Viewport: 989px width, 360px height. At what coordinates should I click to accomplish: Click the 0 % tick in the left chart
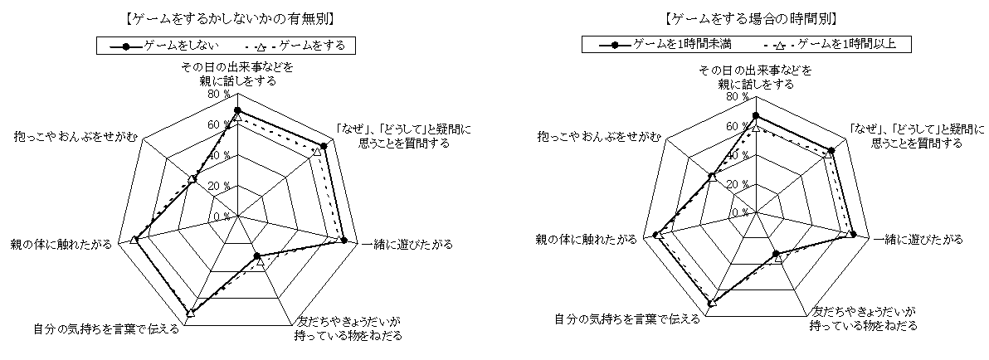point(222,216)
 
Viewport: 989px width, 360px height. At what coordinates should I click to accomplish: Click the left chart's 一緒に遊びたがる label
point(407,245)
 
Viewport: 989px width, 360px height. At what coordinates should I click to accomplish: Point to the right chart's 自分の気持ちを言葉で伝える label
point(627,319)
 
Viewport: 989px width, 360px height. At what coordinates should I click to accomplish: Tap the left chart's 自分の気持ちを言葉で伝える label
point(106,328)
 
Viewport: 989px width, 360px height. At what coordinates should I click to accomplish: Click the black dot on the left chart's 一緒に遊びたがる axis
point(343,241)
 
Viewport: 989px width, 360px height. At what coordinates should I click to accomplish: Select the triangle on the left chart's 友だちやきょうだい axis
point(261,261)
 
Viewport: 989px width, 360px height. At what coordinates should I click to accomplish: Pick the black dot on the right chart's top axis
point(756,116)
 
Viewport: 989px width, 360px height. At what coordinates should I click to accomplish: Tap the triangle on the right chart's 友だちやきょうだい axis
point(777,259)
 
